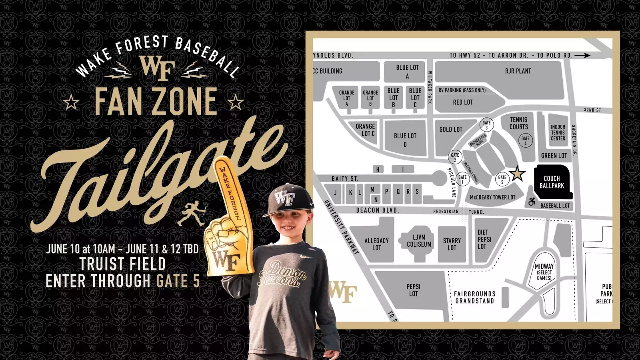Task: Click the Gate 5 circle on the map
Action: pyautogui.click(x=502, y=180)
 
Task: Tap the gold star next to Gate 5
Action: pyautogui.click(x=517, y=174)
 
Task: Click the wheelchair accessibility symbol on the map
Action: pyautogui.click(x=532, y=202)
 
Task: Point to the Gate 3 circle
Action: pyautogui.click(x=486, y=125)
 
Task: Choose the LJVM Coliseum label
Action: pyautogui.click(x=419, y=241)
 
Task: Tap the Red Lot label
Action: pyautogui.click(x=462, y=102)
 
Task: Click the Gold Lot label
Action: pyautogui.click(x=451, y=129)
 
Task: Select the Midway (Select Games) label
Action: pyautogui.click(x=544, y=272)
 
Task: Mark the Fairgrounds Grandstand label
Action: pyautogui.click(x=474, y=297)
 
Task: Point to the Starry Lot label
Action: pyautogui.click(x=452, y=244)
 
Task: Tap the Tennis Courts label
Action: pyautogui.click(x=518, y=123)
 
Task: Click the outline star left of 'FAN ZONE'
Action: pyautogui.click(x=72, y=102)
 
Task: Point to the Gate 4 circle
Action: pyautogui.click(x=525, y=140)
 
